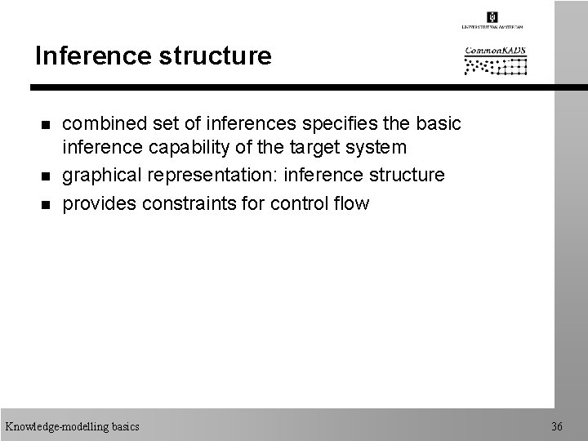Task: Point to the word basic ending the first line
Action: (439, 123)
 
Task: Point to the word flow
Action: (351, 203)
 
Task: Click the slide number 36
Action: (556, 426)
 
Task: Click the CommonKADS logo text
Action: (496, 51)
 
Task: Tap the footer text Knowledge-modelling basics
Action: (72, 426)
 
